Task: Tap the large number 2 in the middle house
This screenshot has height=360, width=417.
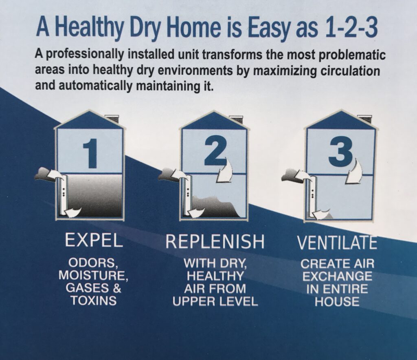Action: click(x=215, y=151)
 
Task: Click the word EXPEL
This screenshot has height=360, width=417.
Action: click(x=94, y=241)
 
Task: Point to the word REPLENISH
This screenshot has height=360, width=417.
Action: click(x=215, y=242)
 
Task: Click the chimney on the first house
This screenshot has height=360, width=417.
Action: click(x=112, y=119)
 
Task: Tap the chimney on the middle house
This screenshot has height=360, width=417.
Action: click(x=236, y=119)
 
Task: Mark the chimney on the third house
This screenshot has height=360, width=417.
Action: click(x=361, y=119)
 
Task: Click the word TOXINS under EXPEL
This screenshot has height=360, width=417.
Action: click(x=93, y=301)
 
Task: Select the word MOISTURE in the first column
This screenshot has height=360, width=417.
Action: click(x=94, y=276)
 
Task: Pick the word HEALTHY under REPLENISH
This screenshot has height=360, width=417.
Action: click(x=215, y=276)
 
